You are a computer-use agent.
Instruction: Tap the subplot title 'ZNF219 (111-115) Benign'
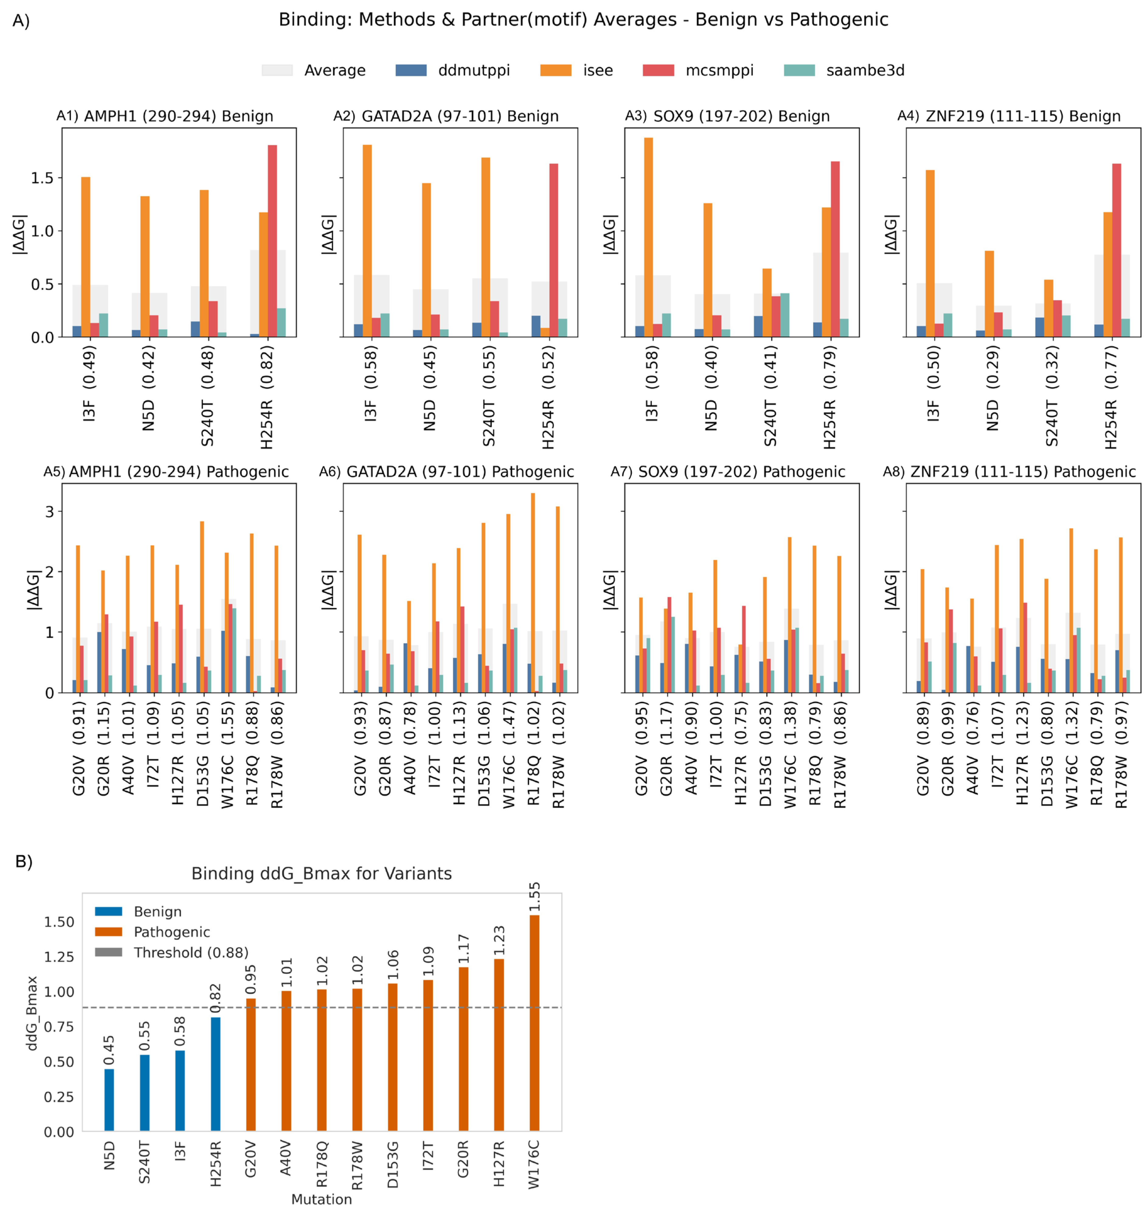point(1023,116)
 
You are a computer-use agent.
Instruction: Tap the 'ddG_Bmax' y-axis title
point(32,1013)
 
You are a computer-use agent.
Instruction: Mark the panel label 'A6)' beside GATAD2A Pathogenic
point(330,472)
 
